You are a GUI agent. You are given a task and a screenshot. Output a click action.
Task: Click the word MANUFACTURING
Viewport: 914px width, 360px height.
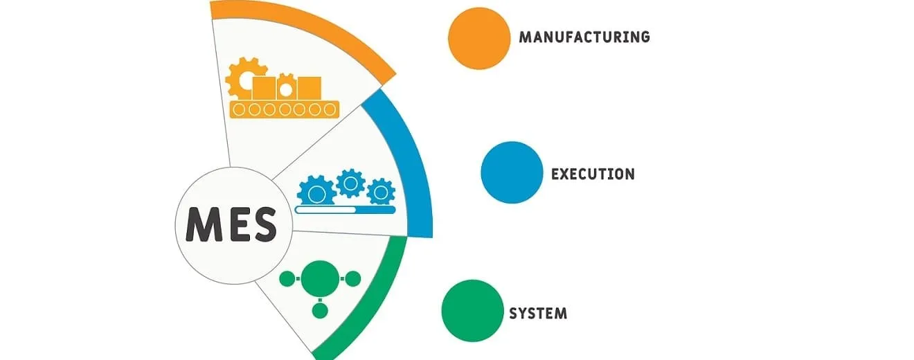(x=584, y=37)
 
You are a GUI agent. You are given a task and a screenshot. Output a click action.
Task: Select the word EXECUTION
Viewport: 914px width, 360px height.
(x=593, y=173)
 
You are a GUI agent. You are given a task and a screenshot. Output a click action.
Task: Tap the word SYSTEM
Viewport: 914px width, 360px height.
(x=538, y=313)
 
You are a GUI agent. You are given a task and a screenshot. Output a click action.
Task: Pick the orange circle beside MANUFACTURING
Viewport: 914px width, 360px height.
(x=479, y=38)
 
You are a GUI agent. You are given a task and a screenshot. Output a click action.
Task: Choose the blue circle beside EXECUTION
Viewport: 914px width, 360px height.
(x=512, y=172)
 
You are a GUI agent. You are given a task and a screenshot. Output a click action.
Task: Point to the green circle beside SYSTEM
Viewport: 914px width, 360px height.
(x=473, y=311)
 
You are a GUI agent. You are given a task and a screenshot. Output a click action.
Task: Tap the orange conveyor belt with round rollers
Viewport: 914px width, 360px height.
(x=285, y=109)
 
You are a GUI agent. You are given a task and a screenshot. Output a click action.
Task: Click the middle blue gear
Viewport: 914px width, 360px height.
(x=350, y=182)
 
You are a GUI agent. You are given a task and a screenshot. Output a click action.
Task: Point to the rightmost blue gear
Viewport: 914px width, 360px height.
(x=381, y=191)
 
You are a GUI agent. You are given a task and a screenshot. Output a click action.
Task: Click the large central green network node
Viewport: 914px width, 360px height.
(x=319, y=279)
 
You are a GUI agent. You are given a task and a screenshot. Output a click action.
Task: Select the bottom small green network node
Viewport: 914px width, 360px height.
(x=319, y=311)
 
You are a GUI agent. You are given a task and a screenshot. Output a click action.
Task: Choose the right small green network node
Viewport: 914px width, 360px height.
(x=352, y=279)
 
